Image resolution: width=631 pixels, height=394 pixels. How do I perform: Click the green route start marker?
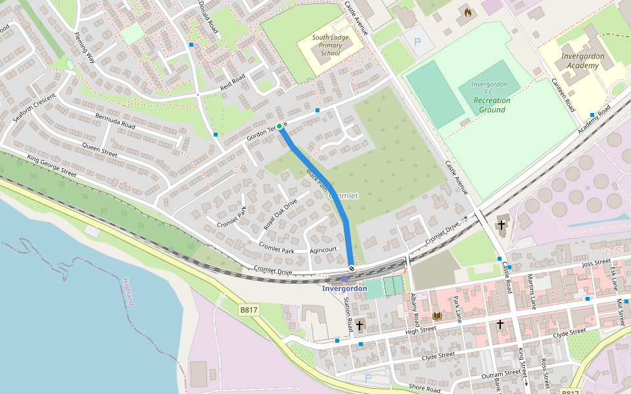point(279,126)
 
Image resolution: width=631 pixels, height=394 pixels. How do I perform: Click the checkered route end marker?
point(352,268)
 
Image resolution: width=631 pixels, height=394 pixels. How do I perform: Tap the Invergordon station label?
point(344,288)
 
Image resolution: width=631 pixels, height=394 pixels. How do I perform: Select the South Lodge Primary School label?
point(327,45)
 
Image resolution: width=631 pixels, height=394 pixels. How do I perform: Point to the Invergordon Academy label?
point(583,61)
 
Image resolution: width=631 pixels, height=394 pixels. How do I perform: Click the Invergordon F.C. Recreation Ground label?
point(492,97)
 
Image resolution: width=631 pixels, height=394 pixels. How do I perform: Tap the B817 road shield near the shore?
point(248,309)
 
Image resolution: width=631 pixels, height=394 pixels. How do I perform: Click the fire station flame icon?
point(468,12)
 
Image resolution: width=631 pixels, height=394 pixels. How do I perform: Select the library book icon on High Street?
point(436,316)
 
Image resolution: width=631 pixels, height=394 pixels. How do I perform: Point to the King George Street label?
point(52,167)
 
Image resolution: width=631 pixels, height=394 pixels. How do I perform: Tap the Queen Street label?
point(99,150)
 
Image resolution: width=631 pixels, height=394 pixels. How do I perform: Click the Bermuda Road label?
point(115,121)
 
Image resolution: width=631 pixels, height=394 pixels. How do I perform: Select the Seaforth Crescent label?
point(35,106)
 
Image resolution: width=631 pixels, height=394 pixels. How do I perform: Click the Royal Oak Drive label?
point(281,214)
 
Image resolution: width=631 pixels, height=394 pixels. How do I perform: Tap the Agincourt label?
point(323,250)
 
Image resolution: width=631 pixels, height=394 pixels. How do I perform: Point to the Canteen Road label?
point(563,95)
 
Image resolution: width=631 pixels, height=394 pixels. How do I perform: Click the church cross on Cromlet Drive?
point(502,225)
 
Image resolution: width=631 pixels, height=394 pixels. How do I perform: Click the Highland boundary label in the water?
point(128,292)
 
